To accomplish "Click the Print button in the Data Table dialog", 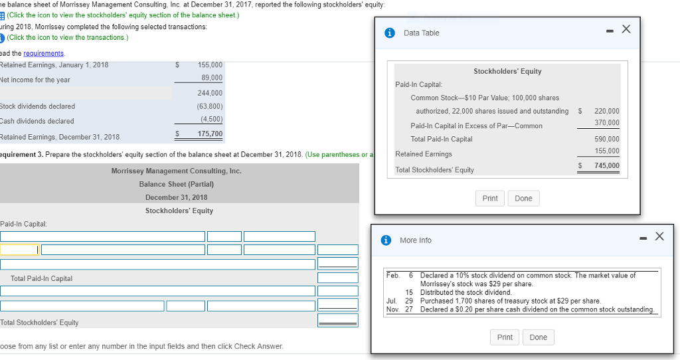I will tap(490, 199).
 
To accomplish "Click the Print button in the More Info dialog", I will tap(505, 337).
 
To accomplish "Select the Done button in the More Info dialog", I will tap(539, 337).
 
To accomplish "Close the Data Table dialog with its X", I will tap(625, 30).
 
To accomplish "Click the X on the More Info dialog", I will tap(658, 236).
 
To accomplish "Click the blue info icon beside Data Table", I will tap(391, 33).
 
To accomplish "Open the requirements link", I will tap(44, 53).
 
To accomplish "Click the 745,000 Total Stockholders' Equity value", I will tap(607, 165).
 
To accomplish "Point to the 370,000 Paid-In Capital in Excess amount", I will tap(607, 123).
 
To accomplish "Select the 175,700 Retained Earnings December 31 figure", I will tap(210, 134).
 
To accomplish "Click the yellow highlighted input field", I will tap(19, 250).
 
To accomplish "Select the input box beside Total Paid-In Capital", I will tap(337, 278).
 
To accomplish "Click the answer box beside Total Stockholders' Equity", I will tap(337, 320).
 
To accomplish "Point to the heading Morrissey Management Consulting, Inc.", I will tap(177, 171).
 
